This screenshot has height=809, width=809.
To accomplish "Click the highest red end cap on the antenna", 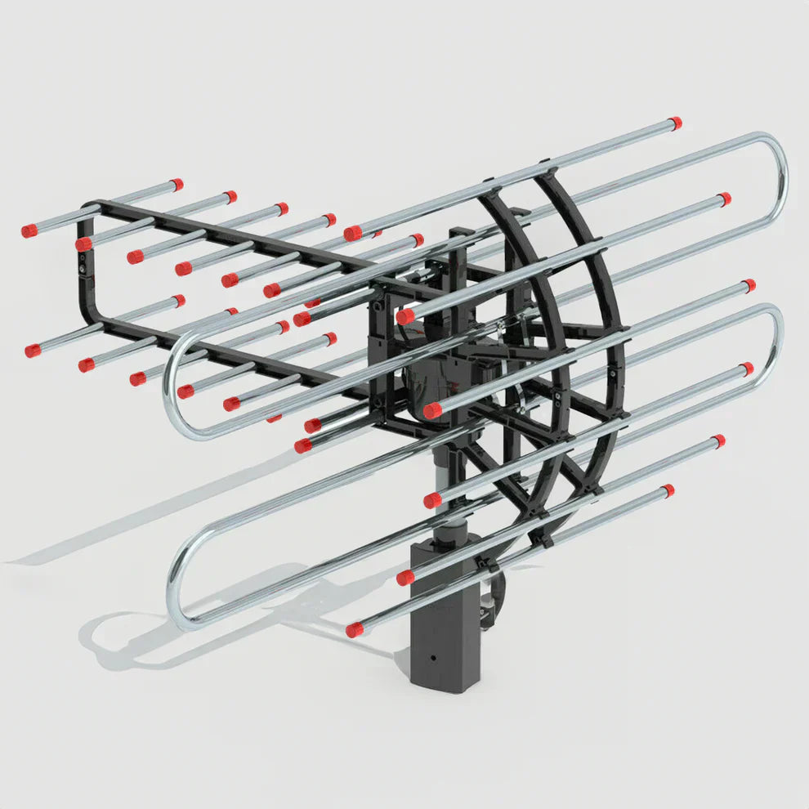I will point(675,123).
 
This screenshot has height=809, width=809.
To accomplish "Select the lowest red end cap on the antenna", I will point(354,630).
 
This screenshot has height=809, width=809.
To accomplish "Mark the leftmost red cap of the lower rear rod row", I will point(33,351).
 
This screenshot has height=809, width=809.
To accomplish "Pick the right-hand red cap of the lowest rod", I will point(668,491).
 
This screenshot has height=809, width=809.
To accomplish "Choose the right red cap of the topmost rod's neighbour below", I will point(723,199).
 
